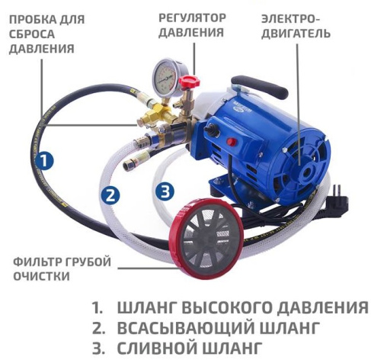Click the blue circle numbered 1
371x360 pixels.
pyautogui.click(x=46, y=160)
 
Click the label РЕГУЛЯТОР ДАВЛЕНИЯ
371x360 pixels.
pyautogui.click(x=191, y=25)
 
